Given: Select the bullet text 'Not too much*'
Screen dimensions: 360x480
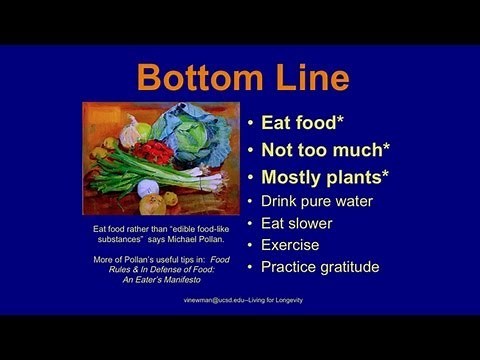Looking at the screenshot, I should point(325,151).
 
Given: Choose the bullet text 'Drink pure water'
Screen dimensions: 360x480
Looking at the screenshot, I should point(316,201).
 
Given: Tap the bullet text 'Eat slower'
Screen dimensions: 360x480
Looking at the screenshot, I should point(296,223).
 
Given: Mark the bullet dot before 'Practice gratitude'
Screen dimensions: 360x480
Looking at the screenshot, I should point(250,267).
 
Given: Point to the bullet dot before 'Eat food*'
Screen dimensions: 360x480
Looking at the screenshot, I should point(250,125).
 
